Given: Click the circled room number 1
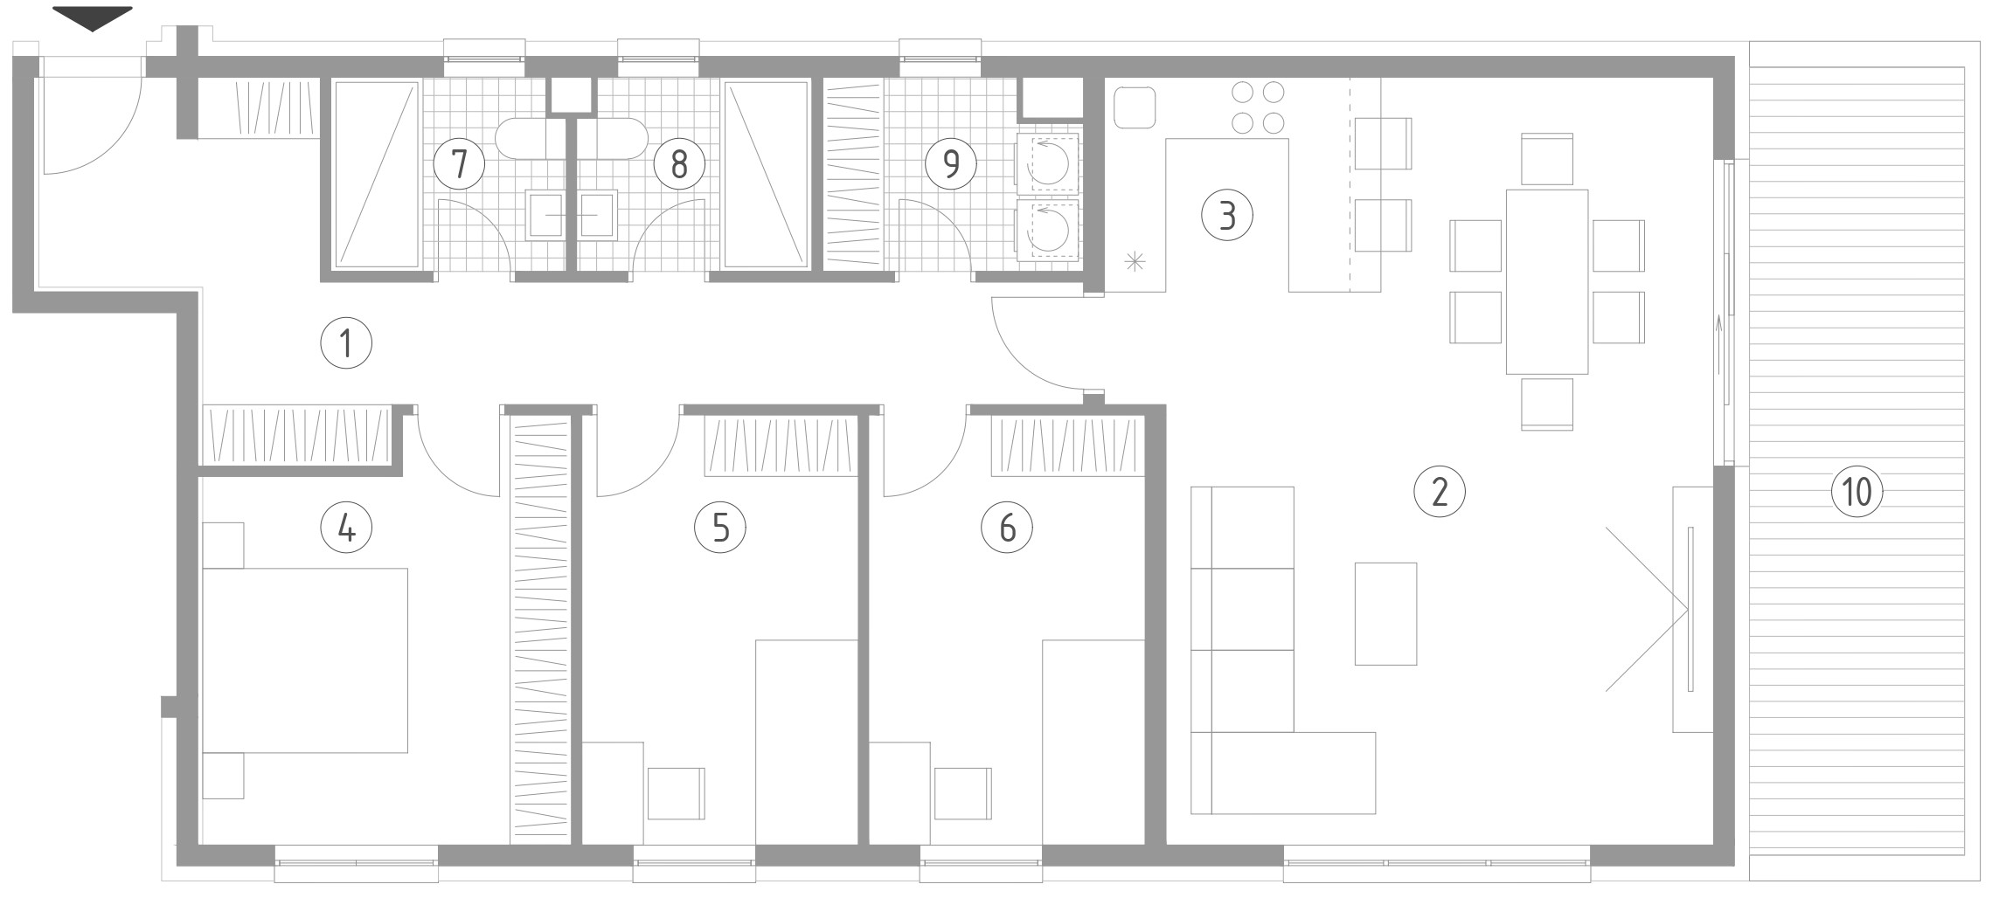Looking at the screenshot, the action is coord(346,343).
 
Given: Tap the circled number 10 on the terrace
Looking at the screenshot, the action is coord(1857,491).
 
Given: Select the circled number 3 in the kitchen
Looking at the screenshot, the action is coord(1227,215).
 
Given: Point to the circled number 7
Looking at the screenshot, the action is coord(460,163).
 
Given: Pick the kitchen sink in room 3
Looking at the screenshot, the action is coord(1135,107).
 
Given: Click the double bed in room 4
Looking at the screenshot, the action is coord(305,660).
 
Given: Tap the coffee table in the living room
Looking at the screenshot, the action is coord(1385,613).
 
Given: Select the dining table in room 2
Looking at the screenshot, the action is coord(1546,281).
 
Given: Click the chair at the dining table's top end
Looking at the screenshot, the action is coord(1547,159).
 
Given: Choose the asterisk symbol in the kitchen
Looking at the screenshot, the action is coord(1134,260).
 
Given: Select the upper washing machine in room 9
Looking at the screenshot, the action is coord(1048,162).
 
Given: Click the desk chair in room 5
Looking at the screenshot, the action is coord(676,793).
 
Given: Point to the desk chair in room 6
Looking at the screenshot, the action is coord(962,793).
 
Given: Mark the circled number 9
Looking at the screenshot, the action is coord(951,163).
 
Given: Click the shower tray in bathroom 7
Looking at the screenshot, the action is coord(377,175).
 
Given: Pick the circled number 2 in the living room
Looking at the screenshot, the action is coord(1439,491).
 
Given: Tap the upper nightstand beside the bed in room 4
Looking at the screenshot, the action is coord(223,545).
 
